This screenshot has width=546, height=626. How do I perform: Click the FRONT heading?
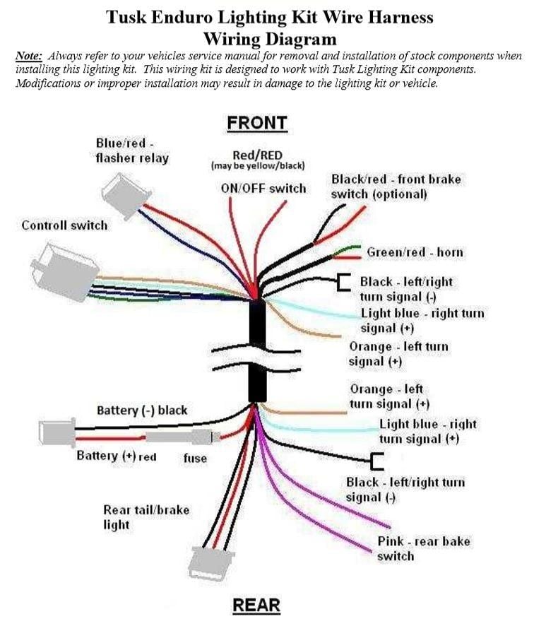click(x=256, y=123)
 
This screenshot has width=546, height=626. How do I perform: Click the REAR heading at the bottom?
click(x=256, y=606)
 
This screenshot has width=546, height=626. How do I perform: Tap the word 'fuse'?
click(x=195, y=458)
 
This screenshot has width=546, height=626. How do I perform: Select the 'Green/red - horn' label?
click(x=415, y=252)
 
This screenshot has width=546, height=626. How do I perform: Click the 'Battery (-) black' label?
click(x=142, y=411)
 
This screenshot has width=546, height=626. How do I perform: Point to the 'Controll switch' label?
click(x=64, y=225)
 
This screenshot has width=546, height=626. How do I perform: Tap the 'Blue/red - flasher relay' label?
click(x=131, y=150)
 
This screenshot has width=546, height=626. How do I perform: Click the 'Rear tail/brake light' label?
click(x=146, y=516)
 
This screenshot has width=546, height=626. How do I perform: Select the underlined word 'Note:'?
click(x=29, y=56)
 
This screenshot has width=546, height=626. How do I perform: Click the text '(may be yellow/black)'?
click(x=258, y=166)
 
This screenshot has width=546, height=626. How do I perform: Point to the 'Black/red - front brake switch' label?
click(x=396, y=187)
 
